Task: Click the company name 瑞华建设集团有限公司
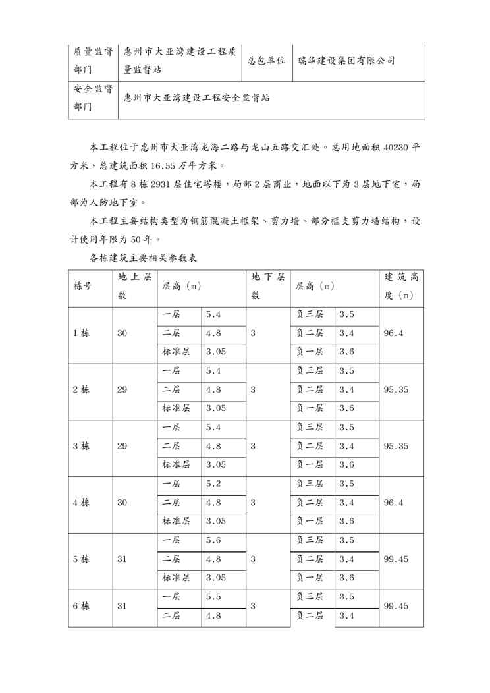click(x=346, y=60)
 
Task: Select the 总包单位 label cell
click(x=266, y=60)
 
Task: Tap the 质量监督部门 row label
click(x=93, y=61)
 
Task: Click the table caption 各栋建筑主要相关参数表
click(x=143, y=259)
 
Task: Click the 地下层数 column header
click(x=267, y=286)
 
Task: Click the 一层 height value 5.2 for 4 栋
click(x=213, y=484)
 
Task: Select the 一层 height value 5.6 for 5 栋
click(x=213, y=540)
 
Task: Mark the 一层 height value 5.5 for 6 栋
click(x=213, y=597)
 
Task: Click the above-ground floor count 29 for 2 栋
click(x=122, y=389)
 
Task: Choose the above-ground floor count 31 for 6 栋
click(x=122, y=606)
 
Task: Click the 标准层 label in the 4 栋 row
click(x=176, y=521)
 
